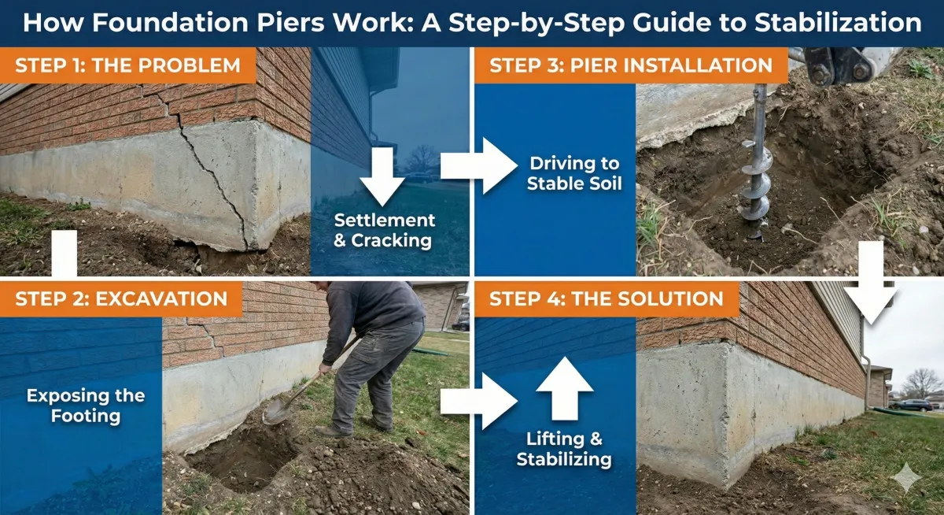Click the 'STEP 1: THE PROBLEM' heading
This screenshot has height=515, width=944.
click(128, 65)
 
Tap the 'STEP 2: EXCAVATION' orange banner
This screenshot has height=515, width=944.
click(122, 299)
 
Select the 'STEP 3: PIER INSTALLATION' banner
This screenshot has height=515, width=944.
click(630, 65)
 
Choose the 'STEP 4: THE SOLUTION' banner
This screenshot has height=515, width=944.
click(606, 299)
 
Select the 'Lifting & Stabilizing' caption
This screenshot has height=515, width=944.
click(564, 449)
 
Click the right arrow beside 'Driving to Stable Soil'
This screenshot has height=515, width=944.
click(476, 165)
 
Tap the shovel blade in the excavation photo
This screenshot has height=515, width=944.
click(277, 410)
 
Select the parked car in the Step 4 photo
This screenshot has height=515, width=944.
click(913, 405)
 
